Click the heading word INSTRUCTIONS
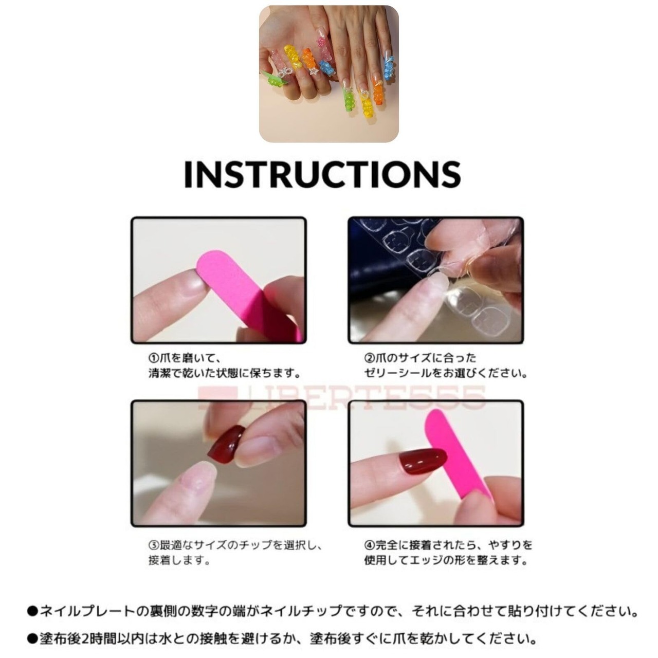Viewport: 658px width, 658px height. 322,174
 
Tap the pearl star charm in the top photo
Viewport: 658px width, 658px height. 313,71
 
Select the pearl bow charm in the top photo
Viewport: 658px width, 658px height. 285,72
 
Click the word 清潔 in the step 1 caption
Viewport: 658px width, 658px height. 159,373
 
